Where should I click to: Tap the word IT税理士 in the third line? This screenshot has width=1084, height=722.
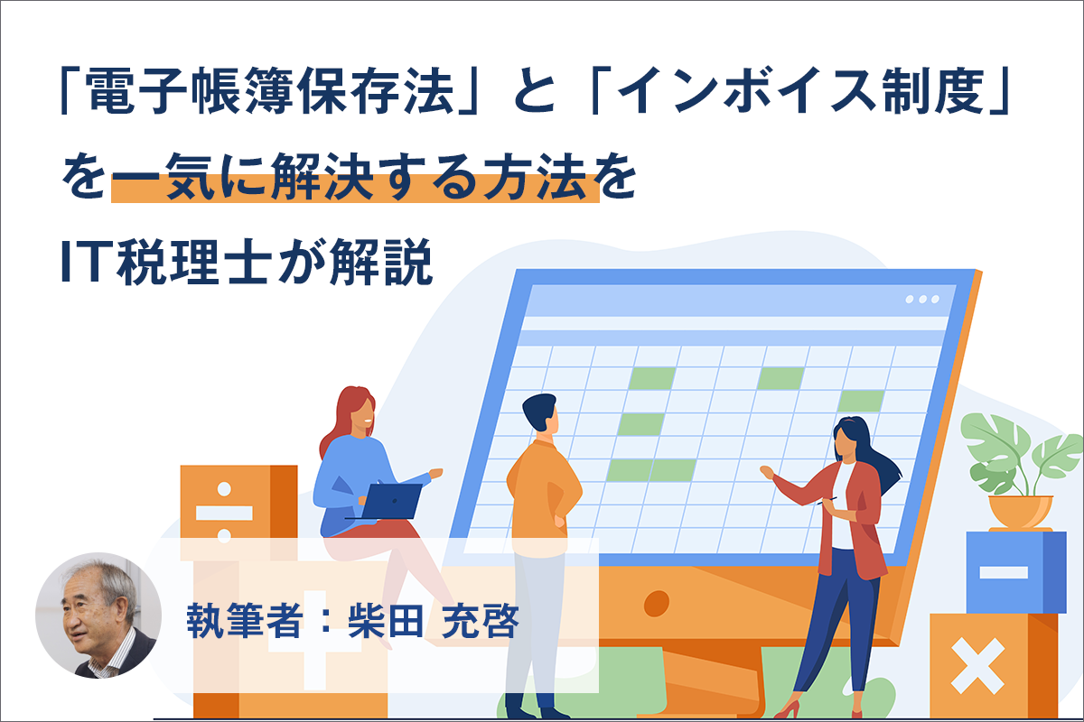pyautogui.click(x=164, y=261)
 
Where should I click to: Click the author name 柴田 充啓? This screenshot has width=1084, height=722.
pyautogui.click(x=433, y=620)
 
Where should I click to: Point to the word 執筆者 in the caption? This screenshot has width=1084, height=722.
pyautogui.click(x=245, y=620)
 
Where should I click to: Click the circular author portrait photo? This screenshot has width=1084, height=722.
pyautogui.click(x=98, y=616)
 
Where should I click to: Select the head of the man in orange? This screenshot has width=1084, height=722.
pyautogui.click(x=541, y=414)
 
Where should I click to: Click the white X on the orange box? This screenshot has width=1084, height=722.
pyautogui.click(x=977, y=665)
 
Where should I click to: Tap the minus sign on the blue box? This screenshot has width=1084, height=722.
pyautogui.click(x=1004, y=572)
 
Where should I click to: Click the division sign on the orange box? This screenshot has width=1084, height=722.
pyautogui.click(x=224, y=513)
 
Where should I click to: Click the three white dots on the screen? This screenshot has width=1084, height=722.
pyautogui.click(x=922, y=300)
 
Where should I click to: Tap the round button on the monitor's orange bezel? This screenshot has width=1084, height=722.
pyautogui.click(x=657, y=603)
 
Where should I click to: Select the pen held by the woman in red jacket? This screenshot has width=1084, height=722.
pyautogui.click(x=827, y=501)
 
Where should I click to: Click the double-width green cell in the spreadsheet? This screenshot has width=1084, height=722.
pyautogui.click(x=651, y=470)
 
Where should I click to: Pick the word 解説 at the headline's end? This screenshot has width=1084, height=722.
pyautogui.click(x=381, y=261)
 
